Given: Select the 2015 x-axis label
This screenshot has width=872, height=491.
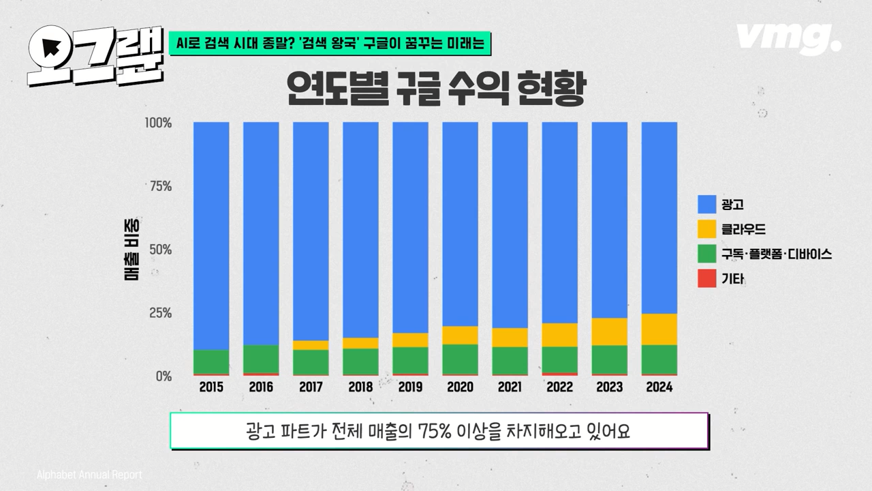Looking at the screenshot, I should click(211, 387).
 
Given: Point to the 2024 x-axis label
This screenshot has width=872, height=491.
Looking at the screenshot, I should click(659, 387).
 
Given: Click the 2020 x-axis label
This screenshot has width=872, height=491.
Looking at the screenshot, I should click(460, 387).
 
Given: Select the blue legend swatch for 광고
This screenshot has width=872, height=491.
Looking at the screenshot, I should click(706, 204).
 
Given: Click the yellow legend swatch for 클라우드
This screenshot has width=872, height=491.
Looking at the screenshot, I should click(706, 229).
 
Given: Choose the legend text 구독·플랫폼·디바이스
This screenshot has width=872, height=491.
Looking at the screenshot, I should click(776, 254).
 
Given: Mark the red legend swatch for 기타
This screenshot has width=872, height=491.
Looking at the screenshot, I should click(706, 279).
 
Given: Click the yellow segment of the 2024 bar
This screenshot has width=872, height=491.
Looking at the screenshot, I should click(659, 329).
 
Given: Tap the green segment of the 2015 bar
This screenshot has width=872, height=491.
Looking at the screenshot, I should click(211, 361).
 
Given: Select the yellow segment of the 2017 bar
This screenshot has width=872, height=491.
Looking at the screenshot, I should click(311, 345).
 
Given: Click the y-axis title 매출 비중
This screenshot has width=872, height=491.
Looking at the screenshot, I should click(129, 250).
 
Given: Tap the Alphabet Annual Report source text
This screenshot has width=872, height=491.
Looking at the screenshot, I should click(89, 475).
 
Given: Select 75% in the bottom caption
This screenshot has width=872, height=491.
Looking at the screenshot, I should click(435, 431).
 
